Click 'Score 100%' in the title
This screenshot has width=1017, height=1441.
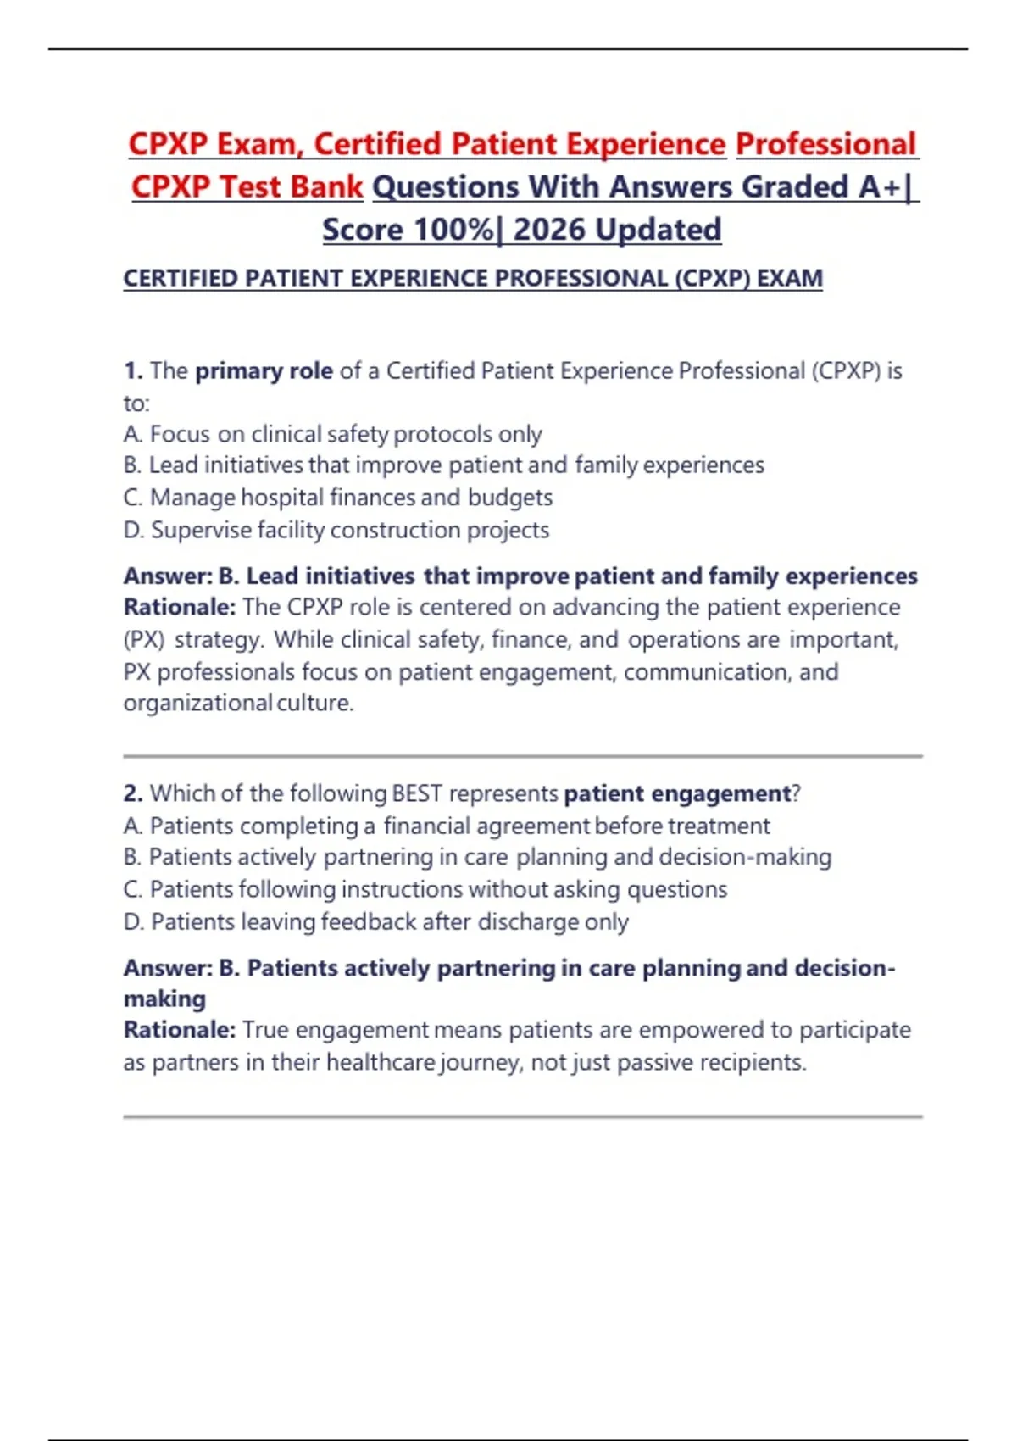click(408, 230)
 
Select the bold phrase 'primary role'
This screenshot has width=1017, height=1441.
click(264, 371)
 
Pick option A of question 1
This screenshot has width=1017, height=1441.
click(332, 434)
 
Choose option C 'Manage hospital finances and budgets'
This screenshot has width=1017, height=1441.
click(338, 498)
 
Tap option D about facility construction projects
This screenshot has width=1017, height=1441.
click(336, 530)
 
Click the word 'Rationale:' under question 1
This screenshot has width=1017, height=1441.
click(180, 608)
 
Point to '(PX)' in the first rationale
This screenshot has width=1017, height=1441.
click(143, 639)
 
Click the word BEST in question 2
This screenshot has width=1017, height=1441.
click(418, 793)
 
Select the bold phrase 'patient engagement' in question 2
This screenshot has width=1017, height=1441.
click(676, 793)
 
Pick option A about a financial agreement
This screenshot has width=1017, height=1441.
click(447, 826)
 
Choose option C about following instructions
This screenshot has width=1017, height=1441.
click(425, 889)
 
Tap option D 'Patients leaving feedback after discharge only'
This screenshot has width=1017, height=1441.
click(376, 921)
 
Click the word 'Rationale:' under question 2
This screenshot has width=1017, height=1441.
click(180, 1030)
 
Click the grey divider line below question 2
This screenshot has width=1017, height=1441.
click(522, 1116)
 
